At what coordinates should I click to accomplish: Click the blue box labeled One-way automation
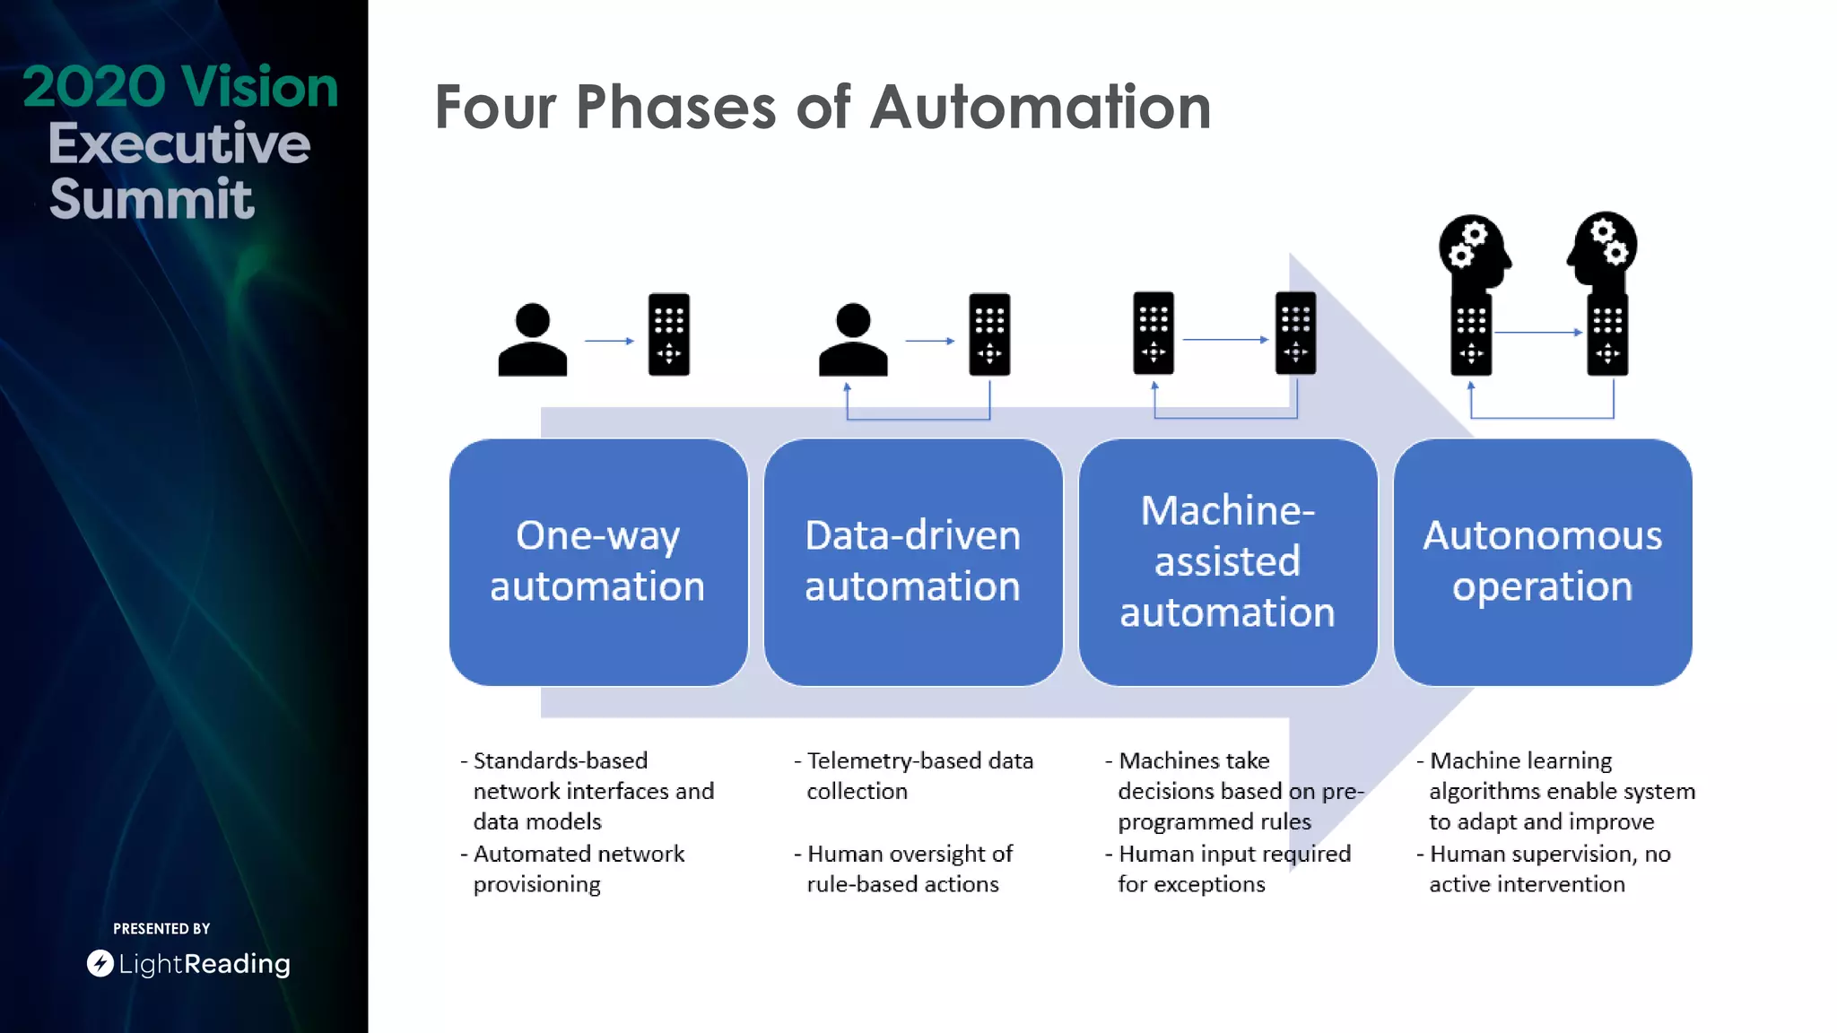598,561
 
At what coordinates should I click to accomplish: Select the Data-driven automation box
913,561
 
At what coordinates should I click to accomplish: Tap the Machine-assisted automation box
1227,561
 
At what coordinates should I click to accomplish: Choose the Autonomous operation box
1542,561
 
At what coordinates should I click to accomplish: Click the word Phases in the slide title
675,108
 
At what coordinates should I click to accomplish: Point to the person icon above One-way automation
533,340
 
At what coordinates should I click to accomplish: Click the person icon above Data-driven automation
853,340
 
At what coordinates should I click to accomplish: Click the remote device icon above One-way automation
669,334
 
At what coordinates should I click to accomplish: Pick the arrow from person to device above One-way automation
609,341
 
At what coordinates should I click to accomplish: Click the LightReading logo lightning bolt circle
100,963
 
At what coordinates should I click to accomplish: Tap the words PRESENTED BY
161,929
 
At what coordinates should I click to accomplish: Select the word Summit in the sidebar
152,199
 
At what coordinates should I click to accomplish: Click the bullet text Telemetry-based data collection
918,776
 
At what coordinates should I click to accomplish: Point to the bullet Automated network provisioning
578,869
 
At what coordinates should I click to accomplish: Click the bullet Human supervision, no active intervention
1548,869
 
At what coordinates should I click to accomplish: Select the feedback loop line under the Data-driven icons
918,419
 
